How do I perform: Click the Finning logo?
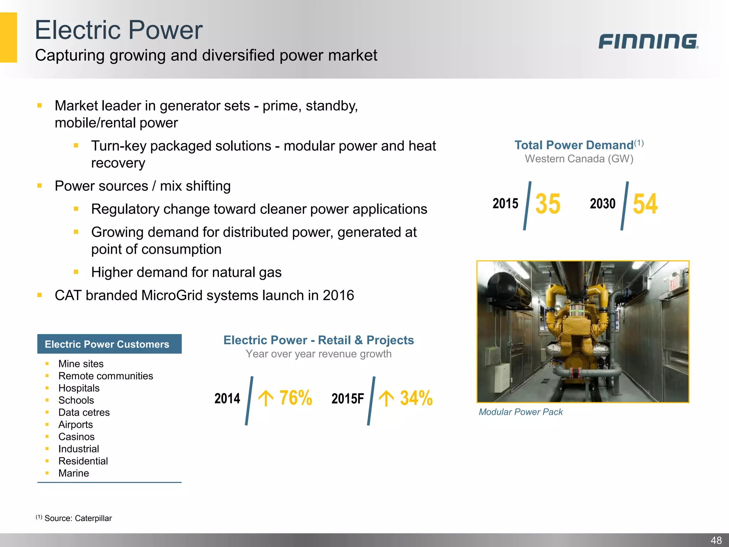[648, 41]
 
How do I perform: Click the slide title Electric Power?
[119, 30]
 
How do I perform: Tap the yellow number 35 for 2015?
[547, 204]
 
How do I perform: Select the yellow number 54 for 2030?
[645, 204]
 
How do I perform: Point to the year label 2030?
[603, 204]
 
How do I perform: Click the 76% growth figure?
[295, 398]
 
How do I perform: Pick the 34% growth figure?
[416, 398]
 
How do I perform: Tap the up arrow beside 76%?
[266, 398]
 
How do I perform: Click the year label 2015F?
[347, 398]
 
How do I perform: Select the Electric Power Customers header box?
[109, 344]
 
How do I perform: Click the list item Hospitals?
[79, 388]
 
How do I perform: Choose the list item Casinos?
[76, 437]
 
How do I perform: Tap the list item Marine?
[73, 473]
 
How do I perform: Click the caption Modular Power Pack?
[520, 412]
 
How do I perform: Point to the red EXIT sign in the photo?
[674, 285]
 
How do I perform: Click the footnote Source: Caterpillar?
[78, 518]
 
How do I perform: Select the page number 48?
[716, 540]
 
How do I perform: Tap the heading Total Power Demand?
[574, 145]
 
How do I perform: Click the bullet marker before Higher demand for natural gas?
[76, 272]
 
